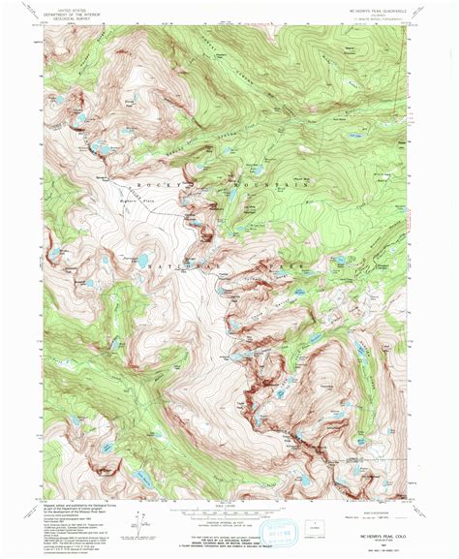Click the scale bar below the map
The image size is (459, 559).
point(230,510)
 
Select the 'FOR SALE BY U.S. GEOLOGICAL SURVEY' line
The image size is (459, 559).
point(230,524)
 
